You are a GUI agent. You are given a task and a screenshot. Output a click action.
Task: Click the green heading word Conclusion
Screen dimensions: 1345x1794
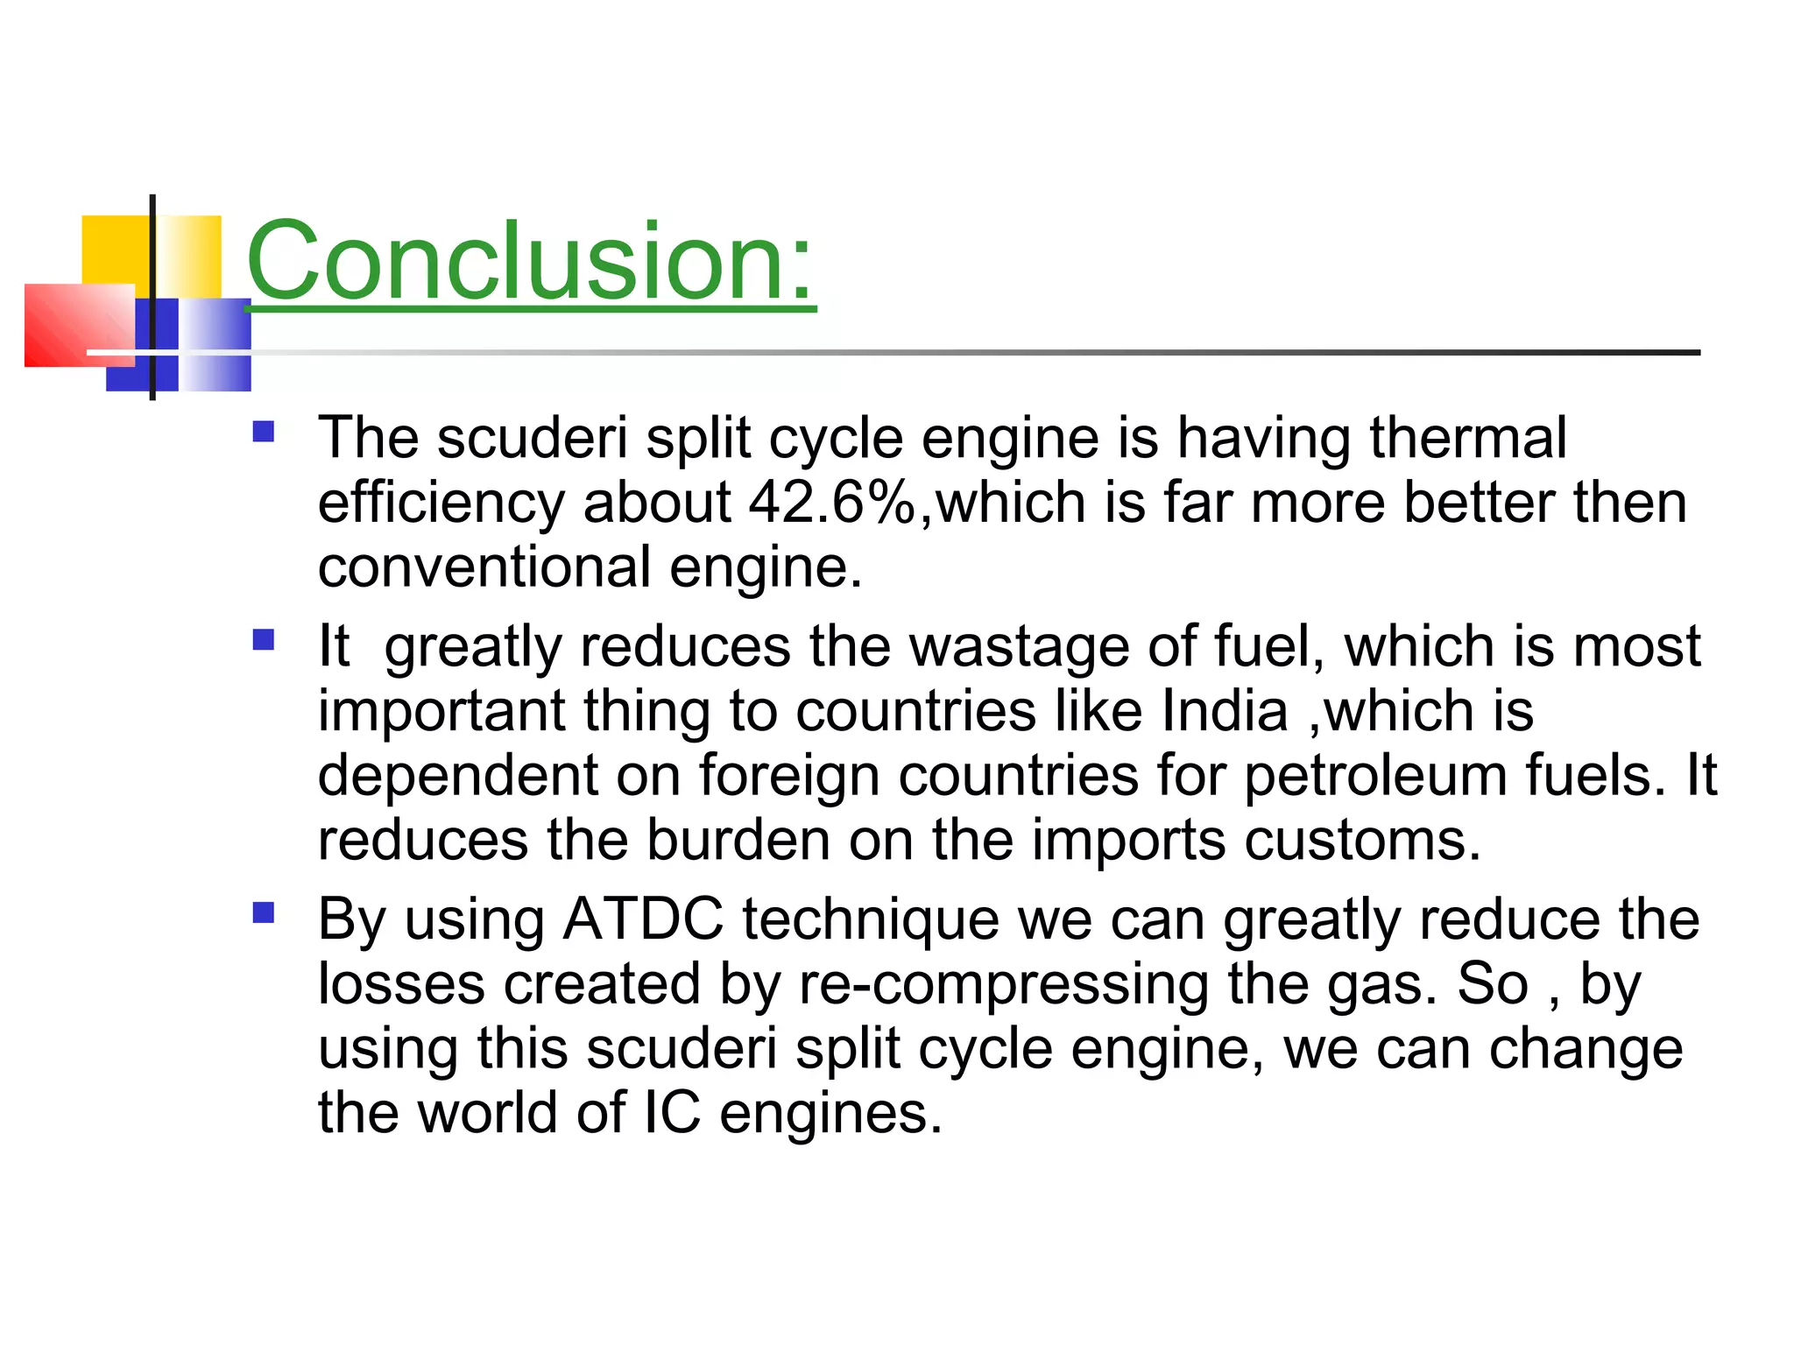tap(530, 261)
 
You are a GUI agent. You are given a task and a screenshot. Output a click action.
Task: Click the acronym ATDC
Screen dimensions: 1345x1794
tap(643, 919)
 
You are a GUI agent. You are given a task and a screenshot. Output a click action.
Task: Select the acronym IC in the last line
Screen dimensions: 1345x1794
tap(672, 1113)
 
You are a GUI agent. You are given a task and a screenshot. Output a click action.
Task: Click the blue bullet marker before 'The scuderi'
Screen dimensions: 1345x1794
tap(263, 432)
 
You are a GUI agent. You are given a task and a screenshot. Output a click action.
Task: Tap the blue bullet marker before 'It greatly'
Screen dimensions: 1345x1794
tap(263, 640)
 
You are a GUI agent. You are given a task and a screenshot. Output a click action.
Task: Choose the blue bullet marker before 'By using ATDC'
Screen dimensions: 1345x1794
tap(263, 914)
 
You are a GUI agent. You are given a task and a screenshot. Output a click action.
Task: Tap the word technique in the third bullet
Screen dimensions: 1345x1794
tap(870, 919)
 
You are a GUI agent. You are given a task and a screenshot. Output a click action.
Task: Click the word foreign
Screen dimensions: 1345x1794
tap(789, 776)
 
